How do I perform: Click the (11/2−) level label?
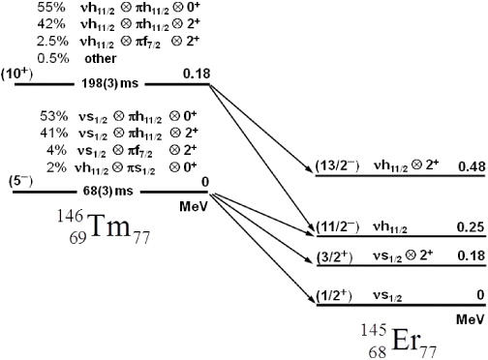[336, 227]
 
